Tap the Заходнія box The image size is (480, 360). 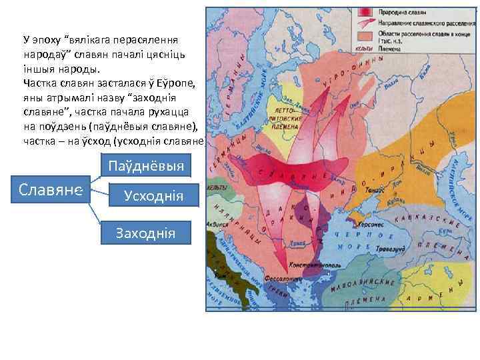[145, 233]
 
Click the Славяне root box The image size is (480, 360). [51, 191]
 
